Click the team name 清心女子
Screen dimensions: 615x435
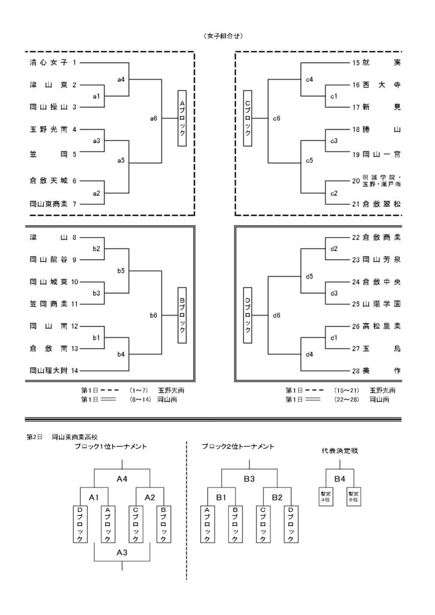[48, 62]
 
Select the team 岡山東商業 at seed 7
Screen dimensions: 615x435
[49, 204]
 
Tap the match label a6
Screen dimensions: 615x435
[154, 119]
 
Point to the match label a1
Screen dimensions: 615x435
[96, 96]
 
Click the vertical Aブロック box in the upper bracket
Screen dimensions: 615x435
[182, 119]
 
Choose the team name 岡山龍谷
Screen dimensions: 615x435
[48, 260]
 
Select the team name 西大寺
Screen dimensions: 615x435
[382, 85]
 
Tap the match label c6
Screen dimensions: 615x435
[276, 119]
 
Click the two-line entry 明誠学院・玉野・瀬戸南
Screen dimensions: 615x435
[382, 181]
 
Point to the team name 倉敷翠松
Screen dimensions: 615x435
[382, 204]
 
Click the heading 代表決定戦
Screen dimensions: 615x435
[339, 450]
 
